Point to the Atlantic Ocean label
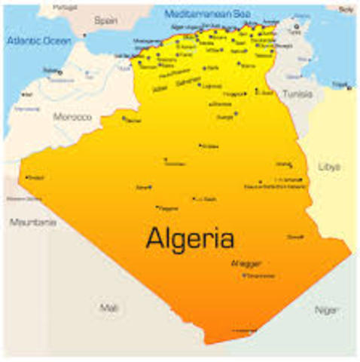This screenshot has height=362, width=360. [x=38, y=39]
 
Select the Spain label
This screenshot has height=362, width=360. [x=105, y=22]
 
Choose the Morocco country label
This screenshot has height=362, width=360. [x=72, y=117]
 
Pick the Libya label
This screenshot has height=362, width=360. [x=330, y=166]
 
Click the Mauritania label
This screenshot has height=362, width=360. [x=33, y=222]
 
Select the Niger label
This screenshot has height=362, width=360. [x=326, y=309]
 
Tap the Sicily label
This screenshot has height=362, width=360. [x=345, y=9]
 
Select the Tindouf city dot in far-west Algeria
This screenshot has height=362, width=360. [x=27, y=177]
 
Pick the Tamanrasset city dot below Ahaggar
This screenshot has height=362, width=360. [x=244, y=275]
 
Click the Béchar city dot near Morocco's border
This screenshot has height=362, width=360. [x=124, y=117]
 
